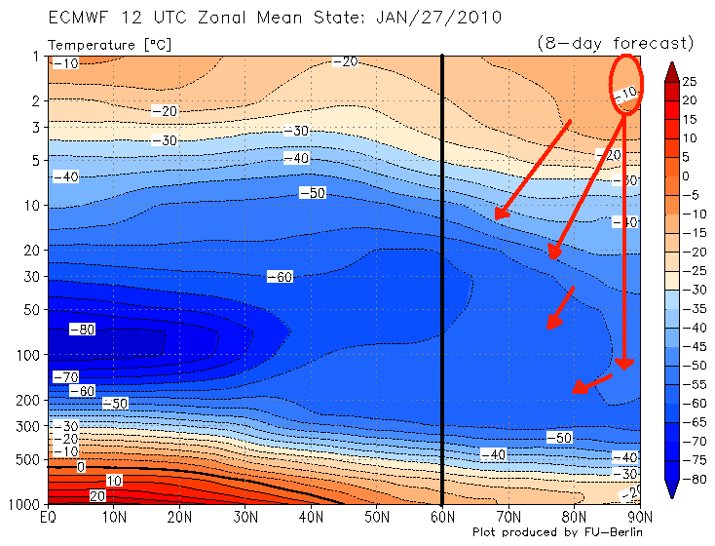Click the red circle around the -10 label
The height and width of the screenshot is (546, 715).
[x=628, y=86]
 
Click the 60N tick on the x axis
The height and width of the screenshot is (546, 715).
[x=443, y=517]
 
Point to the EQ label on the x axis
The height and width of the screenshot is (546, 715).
[x=46, y=517]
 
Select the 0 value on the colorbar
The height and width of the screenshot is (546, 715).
[x=686, y=175]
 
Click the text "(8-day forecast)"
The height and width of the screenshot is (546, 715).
[x=615, y=43]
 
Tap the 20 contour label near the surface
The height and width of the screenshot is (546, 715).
[x=96, y=496]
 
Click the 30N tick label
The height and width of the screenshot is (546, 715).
[x=245, y=517]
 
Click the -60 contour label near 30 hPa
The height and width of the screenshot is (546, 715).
[x=280, y=277]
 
